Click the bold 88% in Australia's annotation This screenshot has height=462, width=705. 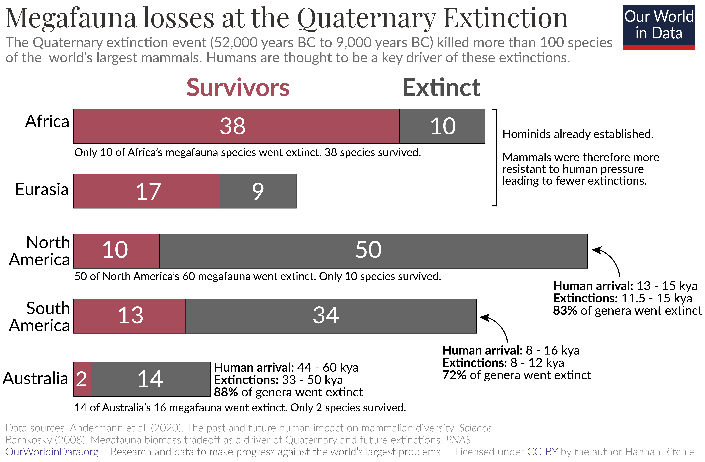[x=226, y=392]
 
